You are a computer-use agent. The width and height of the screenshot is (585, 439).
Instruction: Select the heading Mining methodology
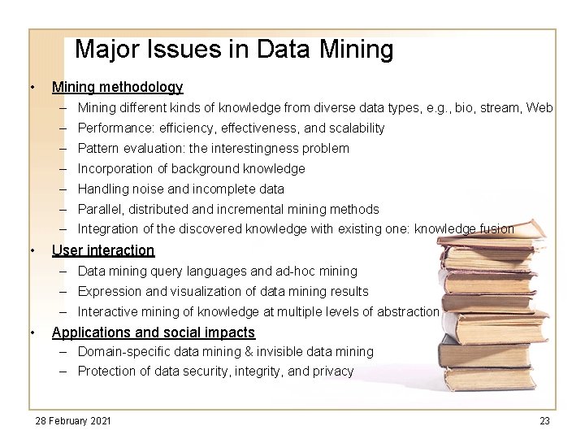[x=117, y=87]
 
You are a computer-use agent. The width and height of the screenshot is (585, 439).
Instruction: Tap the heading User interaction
[x=102, y=250]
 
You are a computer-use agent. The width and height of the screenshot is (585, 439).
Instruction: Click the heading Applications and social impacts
[x=153, y=332]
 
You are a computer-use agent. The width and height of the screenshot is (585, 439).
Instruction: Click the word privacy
[x=332, y=372]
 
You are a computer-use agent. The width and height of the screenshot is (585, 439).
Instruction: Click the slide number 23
[x=544, y=420]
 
